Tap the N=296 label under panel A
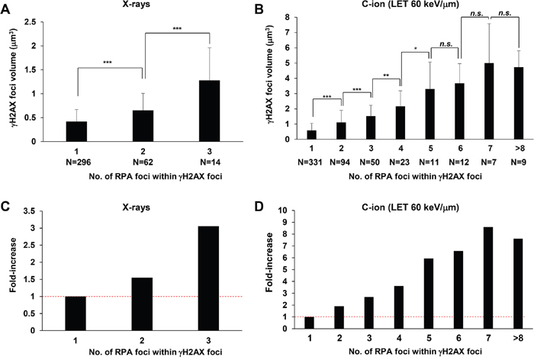(76, 161)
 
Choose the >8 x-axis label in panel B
(497, 150)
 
